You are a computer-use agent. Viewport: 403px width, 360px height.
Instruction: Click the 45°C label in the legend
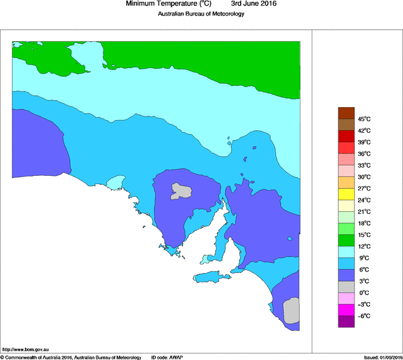tap(364, 119)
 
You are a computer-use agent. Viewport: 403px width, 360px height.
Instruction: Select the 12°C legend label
tap(364, 246)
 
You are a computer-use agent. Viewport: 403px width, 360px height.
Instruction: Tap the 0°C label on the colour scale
tap(364, 292)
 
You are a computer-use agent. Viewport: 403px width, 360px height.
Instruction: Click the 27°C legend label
tap(364, 188)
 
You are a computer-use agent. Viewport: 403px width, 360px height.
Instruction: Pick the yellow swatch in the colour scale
tap(346, 194)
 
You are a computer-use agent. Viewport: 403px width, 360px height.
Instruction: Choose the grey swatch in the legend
tap(346, 287)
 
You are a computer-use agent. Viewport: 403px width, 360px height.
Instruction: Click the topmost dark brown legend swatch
tap(346, 112)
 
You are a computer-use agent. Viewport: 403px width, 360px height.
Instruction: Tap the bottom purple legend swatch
tap(346, 322)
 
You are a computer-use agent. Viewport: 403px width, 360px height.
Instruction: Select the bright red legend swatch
tap(346, 136)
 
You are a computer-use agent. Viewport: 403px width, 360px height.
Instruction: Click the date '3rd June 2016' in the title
tap(253, 4)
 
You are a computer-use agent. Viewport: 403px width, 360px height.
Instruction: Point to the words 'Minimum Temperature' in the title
tap(161, 4)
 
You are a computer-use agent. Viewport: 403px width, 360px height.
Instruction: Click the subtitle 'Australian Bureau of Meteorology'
tap(201, 14)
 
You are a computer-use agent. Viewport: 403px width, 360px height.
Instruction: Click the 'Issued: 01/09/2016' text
tap(383, 357)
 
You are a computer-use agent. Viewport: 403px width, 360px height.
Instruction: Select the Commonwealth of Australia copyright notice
tap(71, 357)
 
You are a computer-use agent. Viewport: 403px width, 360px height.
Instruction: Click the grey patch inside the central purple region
tap(182, 191)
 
